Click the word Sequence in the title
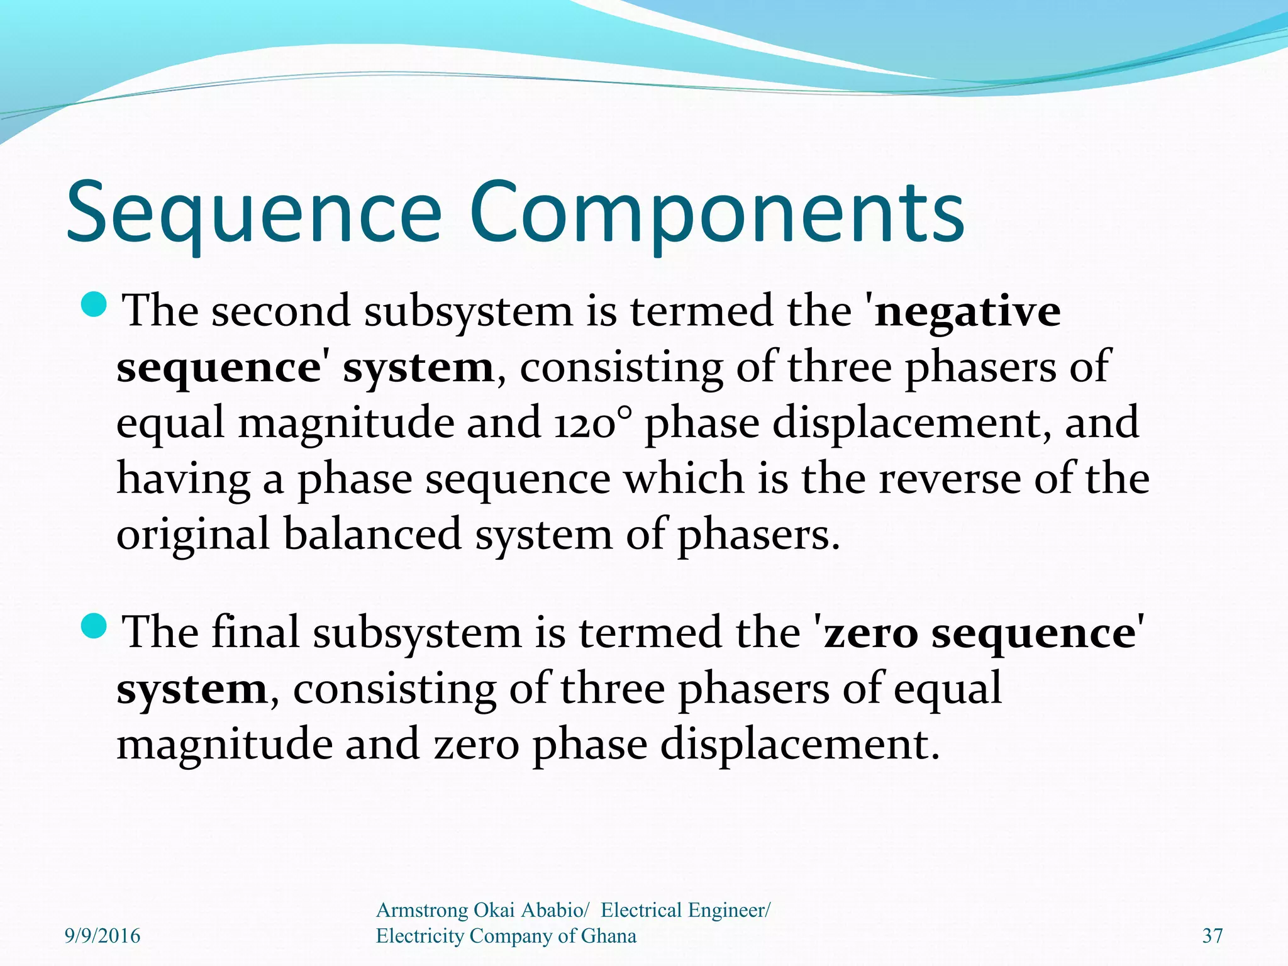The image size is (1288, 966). pos(254,214)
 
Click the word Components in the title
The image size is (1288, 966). pos(716,214)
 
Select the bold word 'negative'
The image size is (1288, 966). pos(967,312)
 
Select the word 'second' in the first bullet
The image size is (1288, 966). pos(280,312)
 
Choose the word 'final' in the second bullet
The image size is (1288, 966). pos(255,633)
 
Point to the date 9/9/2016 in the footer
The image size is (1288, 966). pos(103,936)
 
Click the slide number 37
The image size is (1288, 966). pos(1213,936)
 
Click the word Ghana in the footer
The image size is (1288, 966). pos(608,936)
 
